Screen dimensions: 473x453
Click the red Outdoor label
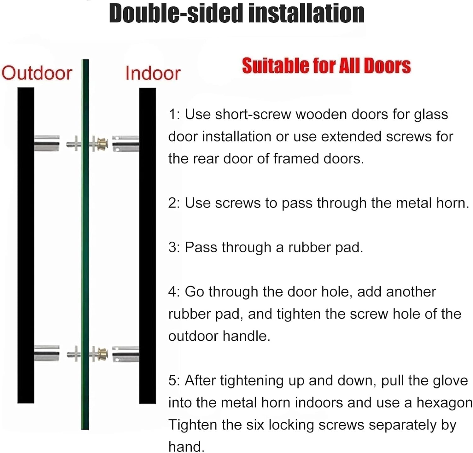point(37,73)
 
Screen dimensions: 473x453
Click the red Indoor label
point(153,73)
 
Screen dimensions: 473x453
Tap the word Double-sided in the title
point(175,13)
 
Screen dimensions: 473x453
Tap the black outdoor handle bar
point(26,245)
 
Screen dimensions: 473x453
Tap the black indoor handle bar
point(148,246)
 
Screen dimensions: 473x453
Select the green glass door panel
point(85,244)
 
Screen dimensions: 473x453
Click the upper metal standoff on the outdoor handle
point(47,143)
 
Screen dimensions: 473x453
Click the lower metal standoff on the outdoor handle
point(47,353)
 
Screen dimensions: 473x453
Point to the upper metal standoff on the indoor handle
point(126,144)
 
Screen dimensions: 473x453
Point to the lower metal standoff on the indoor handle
point(126,354)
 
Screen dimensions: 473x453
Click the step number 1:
point(174,114)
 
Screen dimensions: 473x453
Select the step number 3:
point(174,247)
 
